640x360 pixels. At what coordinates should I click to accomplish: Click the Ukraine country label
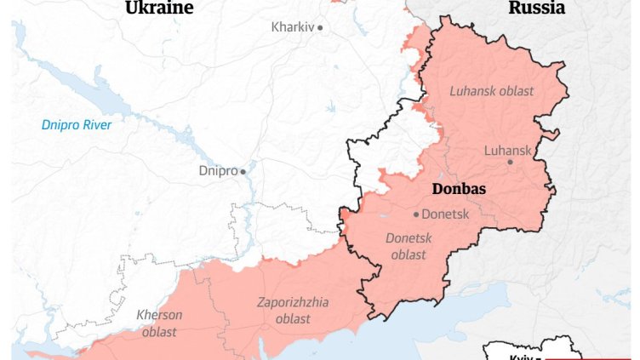(x=159, y=9)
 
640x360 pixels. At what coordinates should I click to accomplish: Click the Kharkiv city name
(x=293, y=27)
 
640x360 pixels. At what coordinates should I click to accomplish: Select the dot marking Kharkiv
(x=321, y=27)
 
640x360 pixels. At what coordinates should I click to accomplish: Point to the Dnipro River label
(x=77, y=125)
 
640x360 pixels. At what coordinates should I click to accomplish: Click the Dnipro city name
(x=218, y=171)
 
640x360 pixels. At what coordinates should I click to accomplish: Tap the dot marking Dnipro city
(x=243, y=171)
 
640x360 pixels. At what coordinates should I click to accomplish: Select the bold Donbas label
(x=458, y=189)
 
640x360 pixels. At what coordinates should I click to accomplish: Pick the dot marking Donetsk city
(x=416, y=214)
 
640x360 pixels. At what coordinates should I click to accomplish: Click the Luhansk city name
(x=507, y=151)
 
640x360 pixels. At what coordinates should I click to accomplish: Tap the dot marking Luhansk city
(x=511, y=162)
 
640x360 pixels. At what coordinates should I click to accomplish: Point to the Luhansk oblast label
(x=491, y=91)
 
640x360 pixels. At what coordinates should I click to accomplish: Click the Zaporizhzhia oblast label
(x=293, y=311)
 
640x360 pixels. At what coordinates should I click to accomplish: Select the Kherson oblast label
(x=159, y=323)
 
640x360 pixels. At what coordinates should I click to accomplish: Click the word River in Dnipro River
(x=96, y=125)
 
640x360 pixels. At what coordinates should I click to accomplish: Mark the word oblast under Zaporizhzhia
(x=293, y=319)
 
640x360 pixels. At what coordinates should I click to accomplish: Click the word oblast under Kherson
(x=159, y=332)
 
